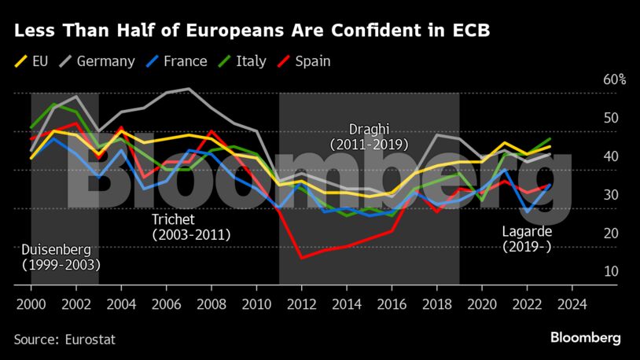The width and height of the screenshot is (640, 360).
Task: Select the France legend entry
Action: point(178,61)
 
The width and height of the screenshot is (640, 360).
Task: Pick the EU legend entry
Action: point(39,61)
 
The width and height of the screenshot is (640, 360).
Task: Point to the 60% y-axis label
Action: point(615,80)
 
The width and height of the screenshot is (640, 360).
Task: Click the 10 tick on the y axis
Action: point(611,271)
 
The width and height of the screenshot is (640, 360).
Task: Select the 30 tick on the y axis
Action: point(611,195)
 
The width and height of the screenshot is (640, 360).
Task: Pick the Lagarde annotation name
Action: point(527,232)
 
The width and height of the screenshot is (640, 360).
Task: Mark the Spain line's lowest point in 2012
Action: point(300,258)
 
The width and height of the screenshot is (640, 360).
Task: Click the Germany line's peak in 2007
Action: point(188,89)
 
